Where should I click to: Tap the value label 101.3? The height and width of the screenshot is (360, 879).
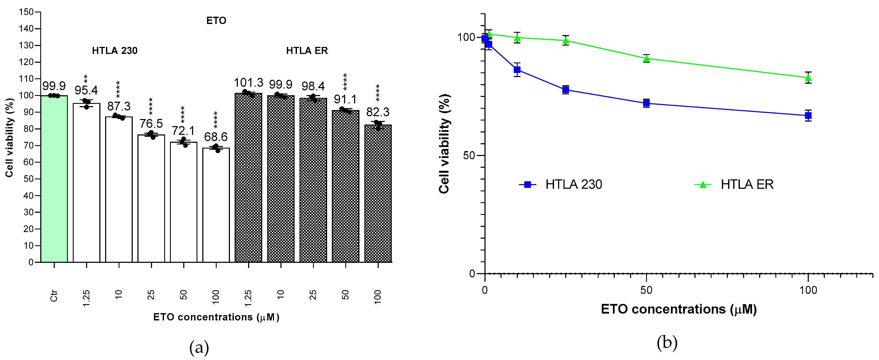click(248, 83)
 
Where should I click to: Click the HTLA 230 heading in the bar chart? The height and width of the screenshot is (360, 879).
click(115, 51)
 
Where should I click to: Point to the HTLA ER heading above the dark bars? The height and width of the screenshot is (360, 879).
click(307, 51)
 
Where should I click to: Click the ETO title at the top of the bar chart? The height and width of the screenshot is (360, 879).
click(216, 21)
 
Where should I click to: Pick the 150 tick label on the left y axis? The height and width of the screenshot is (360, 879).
click(26, 12)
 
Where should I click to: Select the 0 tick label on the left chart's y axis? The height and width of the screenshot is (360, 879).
click(31, 262)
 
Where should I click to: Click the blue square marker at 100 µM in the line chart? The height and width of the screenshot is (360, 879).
click(808, 116)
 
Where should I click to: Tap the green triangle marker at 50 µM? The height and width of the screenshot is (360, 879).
click(646, 59)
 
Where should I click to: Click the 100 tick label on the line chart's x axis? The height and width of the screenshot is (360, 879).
click(808, 290)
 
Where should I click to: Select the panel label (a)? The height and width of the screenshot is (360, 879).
click(199, 348)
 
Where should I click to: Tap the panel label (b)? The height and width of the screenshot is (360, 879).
click(667, 343)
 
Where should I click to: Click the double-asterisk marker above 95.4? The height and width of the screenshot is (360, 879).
click(86, 79)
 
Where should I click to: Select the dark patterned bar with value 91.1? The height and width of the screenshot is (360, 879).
click(345, 186)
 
